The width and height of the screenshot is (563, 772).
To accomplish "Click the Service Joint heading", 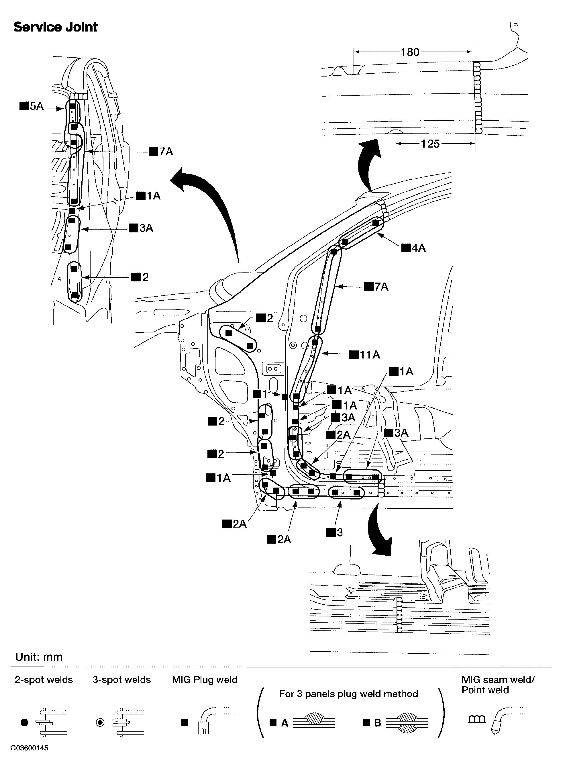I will pyautogui.click(x=55, y=27).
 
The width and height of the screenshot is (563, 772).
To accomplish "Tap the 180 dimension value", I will pyautogui.click(x=410, y=52).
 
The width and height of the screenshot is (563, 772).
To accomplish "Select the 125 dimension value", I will pyautogui.click(x=430, y=144).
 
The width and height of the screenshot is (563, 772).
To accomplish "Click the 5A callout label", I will pyautogui.click(x=32, y=106).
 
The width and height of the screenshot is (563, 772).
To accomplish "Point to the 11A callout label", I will pyautogui.click(x=365, y=355).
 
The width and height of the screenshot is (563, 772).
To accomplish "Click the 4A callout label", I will pyautogui.click(x=414, y=248).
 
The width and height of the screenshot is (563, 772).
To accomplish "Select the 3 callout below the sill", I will pyautogui.click(x=335, y=532).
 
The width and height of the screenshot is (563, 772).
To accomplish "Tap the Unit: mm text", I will pyautogui.click(x=39, y=657).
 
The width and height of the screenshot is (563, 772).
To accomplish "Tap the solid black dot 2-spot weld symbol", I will pyautogui.click(x=24, y=722).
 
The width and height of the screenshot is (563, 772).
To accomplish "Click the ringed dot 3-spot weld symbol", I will pyautogui.click(x=100, y=722).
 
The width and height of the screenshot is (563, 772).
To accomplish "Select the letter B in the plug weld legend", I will pyautogui.click(x=377, y=723).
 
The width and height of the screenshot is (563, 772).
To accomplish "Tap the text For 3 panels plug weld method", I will pyautogui.click(x=348, y=694).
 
